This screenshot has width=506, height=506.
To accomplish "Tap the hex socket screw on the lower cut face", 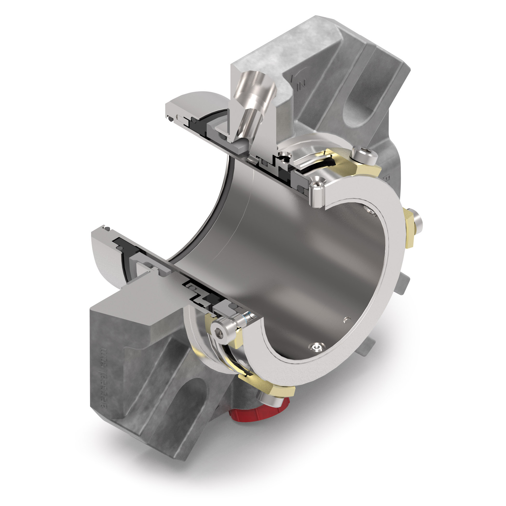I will tap(220, 332).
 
